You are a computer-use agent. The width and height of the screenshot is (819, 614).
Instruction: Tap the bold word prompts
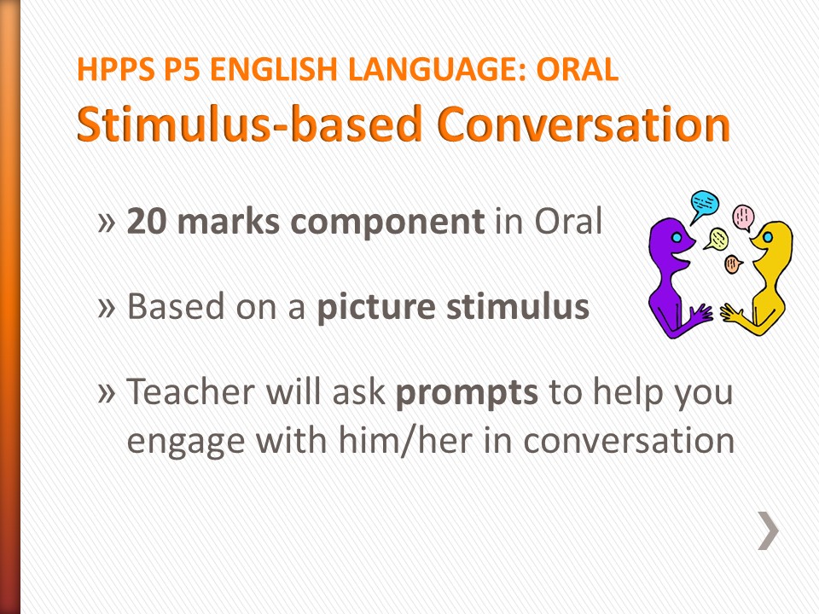467,392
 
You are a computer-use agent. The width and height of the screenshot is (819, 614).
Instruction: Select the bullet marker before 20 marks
106,223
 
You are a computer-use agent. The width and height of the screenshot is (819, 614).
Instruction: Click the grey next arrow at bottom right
768,530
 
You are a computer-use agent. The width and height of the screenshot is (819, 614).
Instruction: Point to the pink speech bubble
744,217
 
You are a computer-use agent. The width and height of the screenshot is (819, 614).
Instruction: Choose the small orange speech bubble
732,264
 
